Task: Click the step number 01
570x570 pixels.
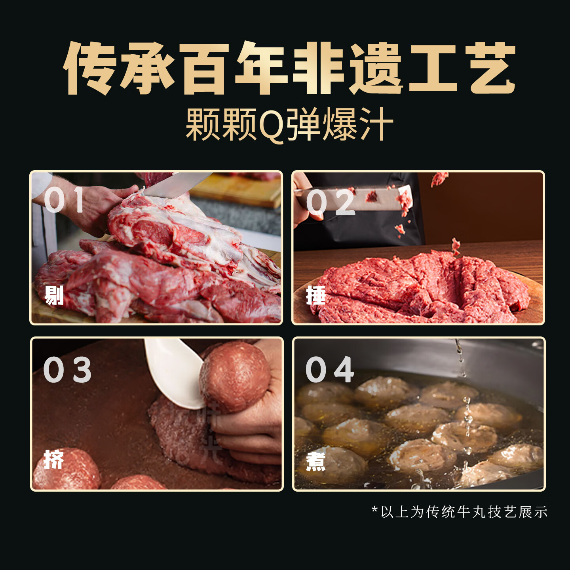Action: [x=64, y=200]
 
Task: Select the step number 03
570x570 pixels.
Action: [x=67, y=370]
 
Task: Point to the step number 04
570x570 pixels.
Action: [x=330, y=370]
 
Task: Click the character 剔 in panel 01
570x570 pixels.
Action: [x=54, y=295]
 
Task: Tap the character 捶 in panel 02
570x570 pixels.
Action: [x=316, y=295]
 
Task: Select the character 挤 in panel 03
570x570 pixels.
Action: [x=54, y=460]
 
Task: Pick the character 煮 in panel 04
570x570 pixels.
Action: [x=316, y=461]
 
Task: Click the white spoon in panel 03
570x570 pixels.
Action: [x=174, y=372]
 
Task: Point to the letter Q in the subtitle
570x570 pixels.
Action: [x=271, y=126]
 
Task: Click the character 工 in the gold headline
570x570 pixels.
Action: [x=433, y=68]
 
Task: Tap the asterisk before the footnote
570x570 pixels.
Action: [x=374, y=510]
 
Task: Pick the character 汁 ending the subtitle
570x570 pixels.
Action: [x=376, y=125]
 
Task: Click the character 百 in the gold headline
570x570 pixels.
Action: [x=206, y=68]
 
